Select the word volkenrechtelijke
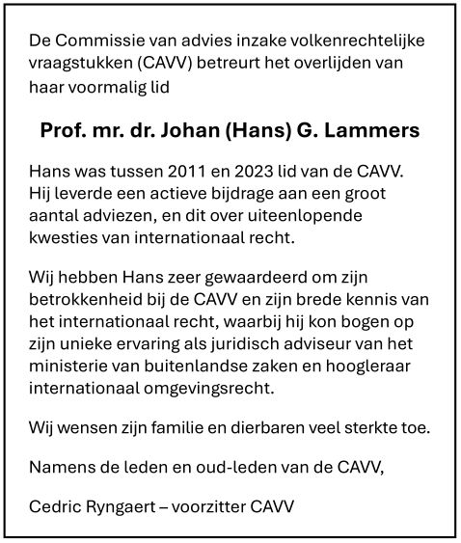click(x=363, y=41)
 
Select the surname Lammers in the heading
click(x=377, y=128)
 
